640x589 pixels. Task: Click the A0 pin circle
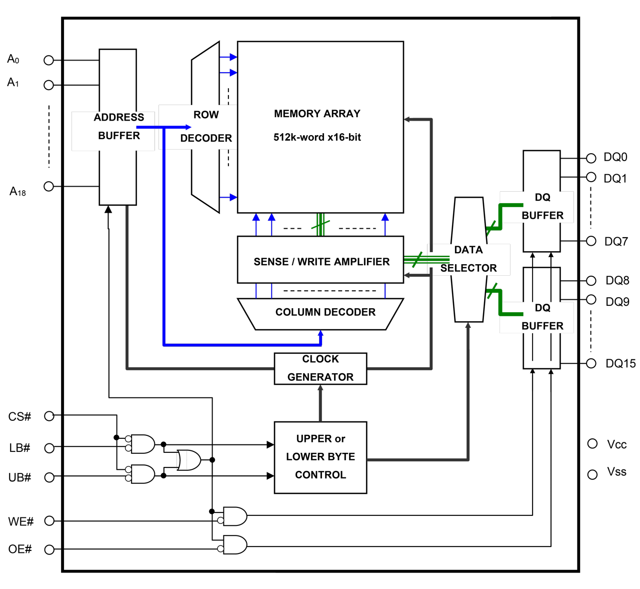(48, 61)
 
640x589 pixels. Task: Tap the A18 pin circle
(48, 186)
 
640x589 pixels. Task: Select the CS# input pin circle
(49, 416)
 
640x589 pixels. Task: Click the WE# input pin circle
(49, 521)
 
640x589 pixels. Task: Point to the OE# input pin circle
(49, 549)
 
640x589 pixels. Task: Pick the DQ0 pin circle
(591, 158)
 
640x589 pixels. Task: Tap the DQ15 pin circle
(591, 363)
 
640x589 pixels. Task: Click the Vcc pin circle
(592, 444)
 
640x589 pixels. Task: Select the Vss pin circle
(592, 474)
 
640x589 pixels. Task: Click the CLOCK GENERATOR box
(320, 368)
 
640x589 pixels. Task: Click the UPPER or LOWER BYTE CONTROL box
(320, 457)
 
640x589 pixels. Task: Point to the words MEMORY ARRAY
(317, 114)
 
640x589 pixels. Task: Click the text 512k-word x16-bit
(317, 137)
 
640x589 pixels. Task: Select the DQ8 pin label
(617, 280)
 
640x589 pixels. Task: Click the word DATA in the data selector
(468, 250)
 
